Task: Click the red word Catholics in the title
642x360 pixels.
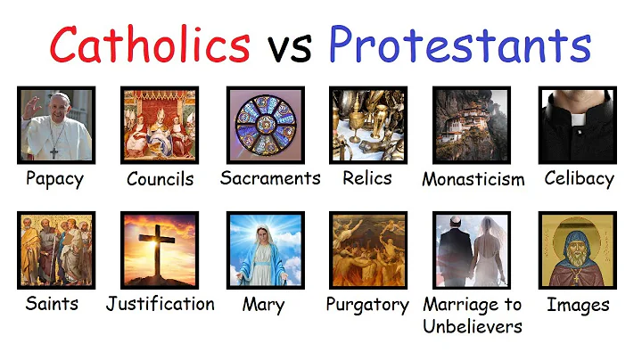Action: point(149,45)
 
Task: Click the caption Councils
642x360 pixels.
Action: point(160,179)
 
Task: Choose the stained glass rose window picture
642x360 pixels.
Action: point(264,124)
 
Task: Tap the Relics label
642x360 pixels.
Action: point(367,178)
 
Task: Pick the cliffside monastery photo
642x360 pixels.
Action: point(472,124)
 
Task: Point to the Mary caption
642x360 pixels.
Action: point(263,306)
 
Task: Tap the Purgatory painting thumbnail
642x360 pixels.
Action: point(367,250)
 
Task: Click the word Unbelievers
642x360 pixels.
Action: point(473,326)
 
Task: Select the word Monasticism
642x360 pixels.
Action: point(473,180)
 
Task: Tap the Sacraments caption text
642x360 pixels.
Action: point(270,178)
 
